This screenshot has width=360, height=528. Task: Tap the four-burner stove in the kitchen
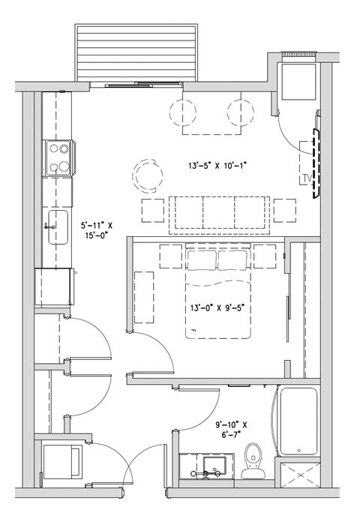[58, 158]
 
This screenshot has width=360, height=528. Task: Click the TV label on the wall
[305, 178]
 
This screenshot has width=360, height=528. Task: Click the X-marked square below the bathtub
[298, 474]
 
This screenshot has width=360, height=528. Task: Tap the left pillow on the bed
[201, 259]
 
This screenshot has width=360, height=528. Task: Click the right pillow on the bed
[233, 259]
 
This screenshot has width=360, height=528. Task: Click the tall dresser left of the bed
[143, 297]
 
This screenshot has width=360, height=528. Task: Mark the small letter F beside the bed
[193, 330]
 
